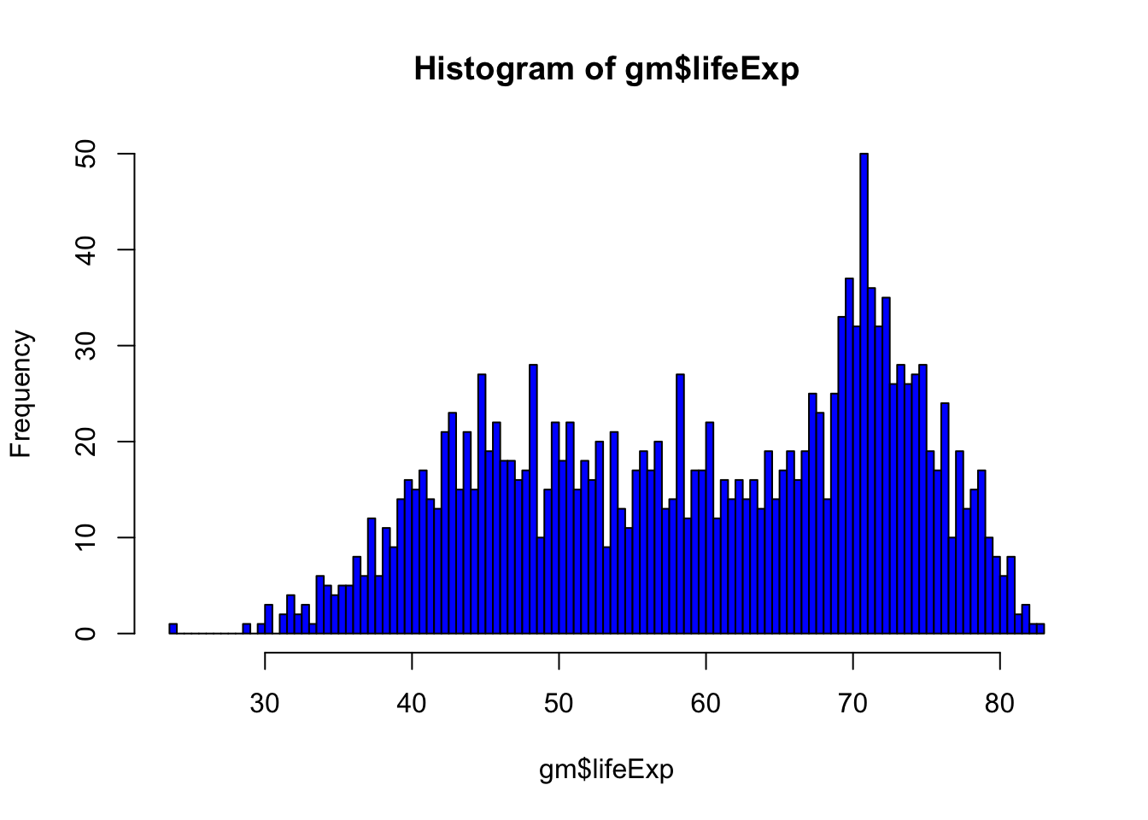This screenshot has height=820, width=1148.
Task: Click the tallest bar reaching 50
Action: click(x=864, y=393)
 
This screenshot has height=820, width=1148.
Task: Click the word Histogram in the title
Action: click(x=494, y=68)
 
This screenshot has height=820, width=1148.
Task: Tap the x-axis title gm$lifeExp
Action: click(x=606, y=770)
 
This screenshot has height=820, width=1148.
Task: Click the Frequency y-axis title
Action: click(x=21, y=394)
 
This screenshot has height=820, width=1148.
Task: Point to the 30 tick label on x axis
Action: click(x=265, y=703)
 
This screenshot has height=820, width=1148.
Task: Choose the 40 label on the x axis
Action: click(x=412, y=703)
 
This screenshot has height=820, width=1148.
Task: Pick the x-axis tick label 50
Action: click(x=559, y=703)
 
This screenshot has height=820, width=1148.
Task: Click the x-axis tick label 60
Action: click(x=706, y=703)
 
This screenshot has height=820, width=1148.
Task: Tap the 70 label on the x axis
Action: click(x=852, y=703)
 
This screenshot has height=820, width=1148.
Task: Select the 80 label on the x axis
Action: click(x=999, y=703)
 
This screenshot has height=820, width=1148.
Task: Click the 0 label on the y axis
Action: click(x=85, y=634)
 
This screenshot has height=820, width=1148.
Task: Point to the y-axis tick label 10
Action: click(x=85, y=537)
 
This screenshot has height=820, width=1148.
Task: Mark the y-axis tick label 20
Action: click(x=85, y=442)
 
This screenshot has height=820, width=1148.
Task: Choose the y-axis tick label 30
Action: click(x=85, y=345)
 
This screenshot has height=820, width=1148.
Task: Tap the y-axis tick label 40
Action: click(x=85, y=249)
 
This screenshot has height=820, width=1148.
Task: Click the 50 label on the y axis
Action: click(x=85, y=154)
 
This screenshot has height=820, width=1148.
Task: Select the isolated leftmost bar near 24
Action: click(x=173, y=629)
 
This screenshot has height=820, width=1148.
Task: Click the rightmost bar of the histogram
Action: click(x=1040, y=629)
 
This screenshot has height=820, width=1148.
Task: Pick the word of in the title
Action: click(x=599, y=68)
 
